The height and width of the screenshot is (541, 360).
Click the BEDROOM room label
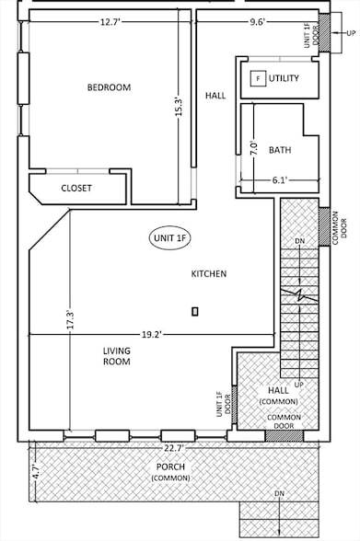109,87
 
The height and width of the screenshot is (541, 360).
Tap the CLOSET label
76,188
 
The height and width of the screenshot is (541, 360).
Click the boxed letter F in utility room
257,79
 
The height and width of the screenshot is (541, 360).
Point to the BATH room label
280,149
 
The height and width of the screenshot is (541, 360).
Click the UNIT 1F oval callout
169,238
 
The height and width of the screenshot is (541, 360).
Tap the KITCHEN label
208,274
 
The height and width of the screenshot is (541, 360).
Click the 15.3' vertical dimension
180,106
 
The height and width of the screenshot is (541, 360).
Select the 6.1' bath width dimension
280,179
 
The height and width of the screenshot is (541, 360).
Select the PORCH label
172,472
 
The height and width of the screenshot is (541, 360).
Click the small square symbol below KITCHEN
194,312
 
